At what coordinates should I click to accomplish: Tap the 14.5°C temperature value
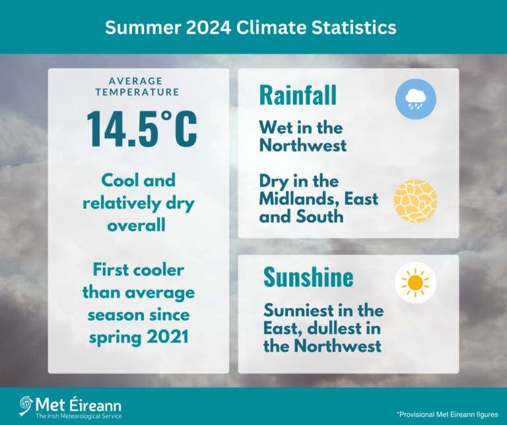(142, 127)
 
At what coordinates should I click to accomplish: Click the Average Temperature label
(137, 87)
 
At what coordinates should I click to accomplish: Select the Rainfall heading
(298, 95)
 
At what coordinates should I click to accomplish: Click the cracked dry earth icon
(415, 201)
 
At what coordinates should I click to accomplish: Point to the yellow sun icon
(416, 283)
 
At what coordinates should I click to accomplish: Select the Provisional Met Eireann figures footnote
(447, 414)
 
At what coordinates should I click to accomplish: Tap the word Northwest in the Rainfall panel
(303, 146)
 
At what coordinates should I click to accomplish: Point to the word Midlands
(297, 199)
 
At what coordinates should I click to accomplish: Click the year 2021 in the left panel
(165, 337)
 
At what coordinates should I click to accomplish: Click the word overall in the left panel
(139, 226)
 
